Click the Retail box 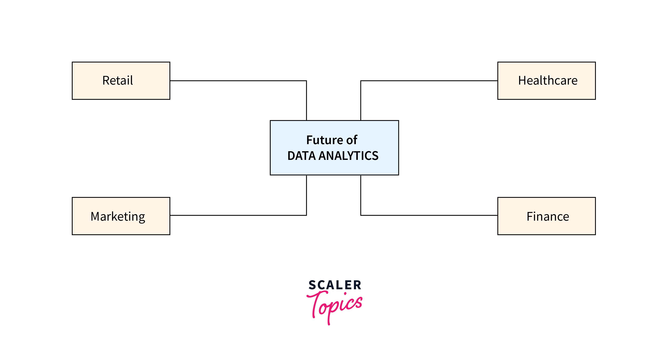[121, 81]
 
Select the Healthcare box [546, 81]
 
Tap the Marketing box [121, 216]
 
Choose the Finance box [546, 216]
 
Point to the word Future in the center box [325, 140]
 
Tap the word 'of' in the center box [352, 140]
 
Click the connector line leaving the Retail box [234, 81]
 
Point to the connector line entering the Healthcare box [428, 81]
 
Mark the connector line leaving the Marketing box [234, 215]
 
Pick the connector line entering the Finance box [428, 215]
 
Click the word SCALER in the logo [335, 285]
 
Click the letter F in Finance [530, 217]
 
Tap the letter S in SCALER [312, 285]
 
